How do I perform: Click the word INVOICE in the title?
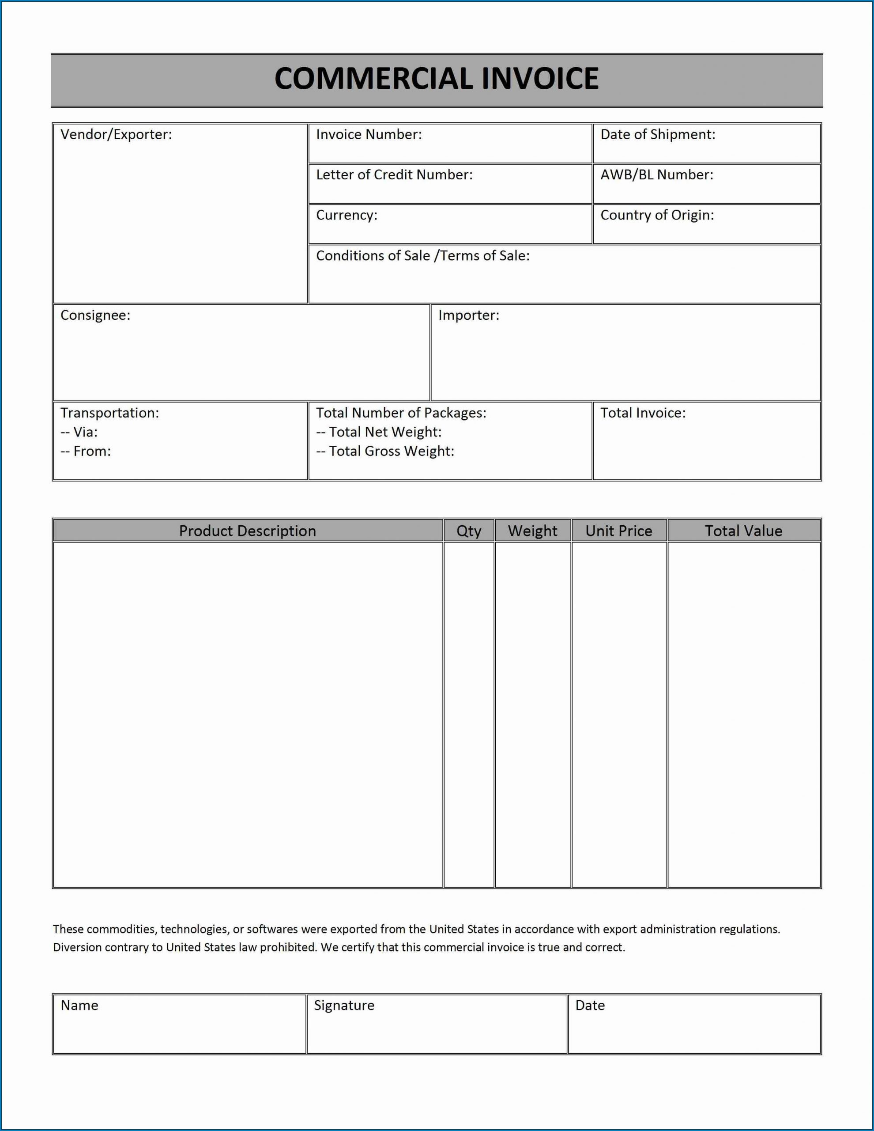point(540,79)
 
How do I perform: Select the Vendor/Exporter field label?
point(116,135)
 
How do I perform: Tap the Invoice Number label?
point(369,135)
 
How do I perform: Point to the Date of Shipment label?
point(658,135)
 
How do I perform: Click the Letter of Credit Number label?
point(394,175)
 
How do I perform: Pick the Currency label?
point(347,216)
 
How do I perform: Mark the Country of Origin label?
point(657,216)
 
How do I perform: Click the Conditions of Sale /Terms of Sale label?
point(423,256)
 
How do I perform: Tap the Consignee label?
point(95,315)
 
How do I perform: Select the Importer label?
point(469,315)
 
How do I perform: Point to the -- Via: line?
point(79,432)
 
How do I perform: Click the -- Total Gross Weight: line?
point(385,452)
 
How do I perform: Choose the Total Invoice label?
point(643,413)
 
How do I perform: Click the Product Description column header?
point(247,531)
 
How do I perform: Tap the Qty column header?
point(469,531)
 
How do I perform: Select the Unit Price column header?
point(619,531)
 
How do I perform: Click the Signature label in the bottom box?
point(344,1005)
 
